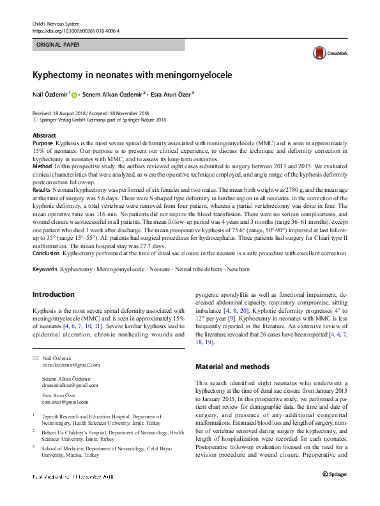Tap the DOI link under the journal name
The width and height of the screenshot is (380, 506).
click(x=75, y=30)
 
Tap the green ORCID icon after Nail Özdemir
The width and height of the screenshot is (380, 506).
click(x=74, y=95)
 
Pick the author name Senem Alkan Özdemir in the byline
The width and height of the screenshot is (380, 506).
click(x=112, y=95)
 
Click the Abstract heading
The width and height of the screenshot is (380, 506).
click(x=44, y=136)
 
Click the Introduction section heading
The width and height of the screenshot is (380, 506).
click(x=53, y=294)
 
